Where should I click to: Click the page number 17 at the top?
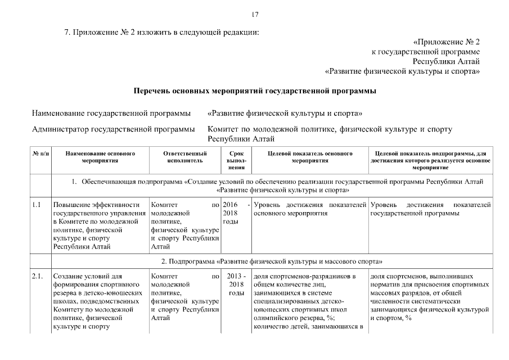255,15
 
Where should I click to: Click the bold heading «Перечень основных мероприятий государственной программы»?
254,91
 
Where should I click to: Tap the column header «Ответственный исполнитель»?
184,156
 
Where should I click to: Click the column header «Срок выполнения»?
237,160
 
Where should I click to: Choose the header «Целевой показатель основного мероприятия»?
310,156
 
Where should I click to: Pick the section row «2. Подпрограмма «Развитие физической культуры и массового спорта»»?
272,262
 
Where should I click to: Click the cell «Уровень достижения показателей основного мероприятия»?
310,209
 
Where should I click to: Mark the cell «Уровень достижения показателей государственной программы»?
430,209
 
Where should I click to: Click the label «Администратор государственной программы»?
113,130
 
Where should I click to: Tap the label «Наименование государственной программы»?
111,114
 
